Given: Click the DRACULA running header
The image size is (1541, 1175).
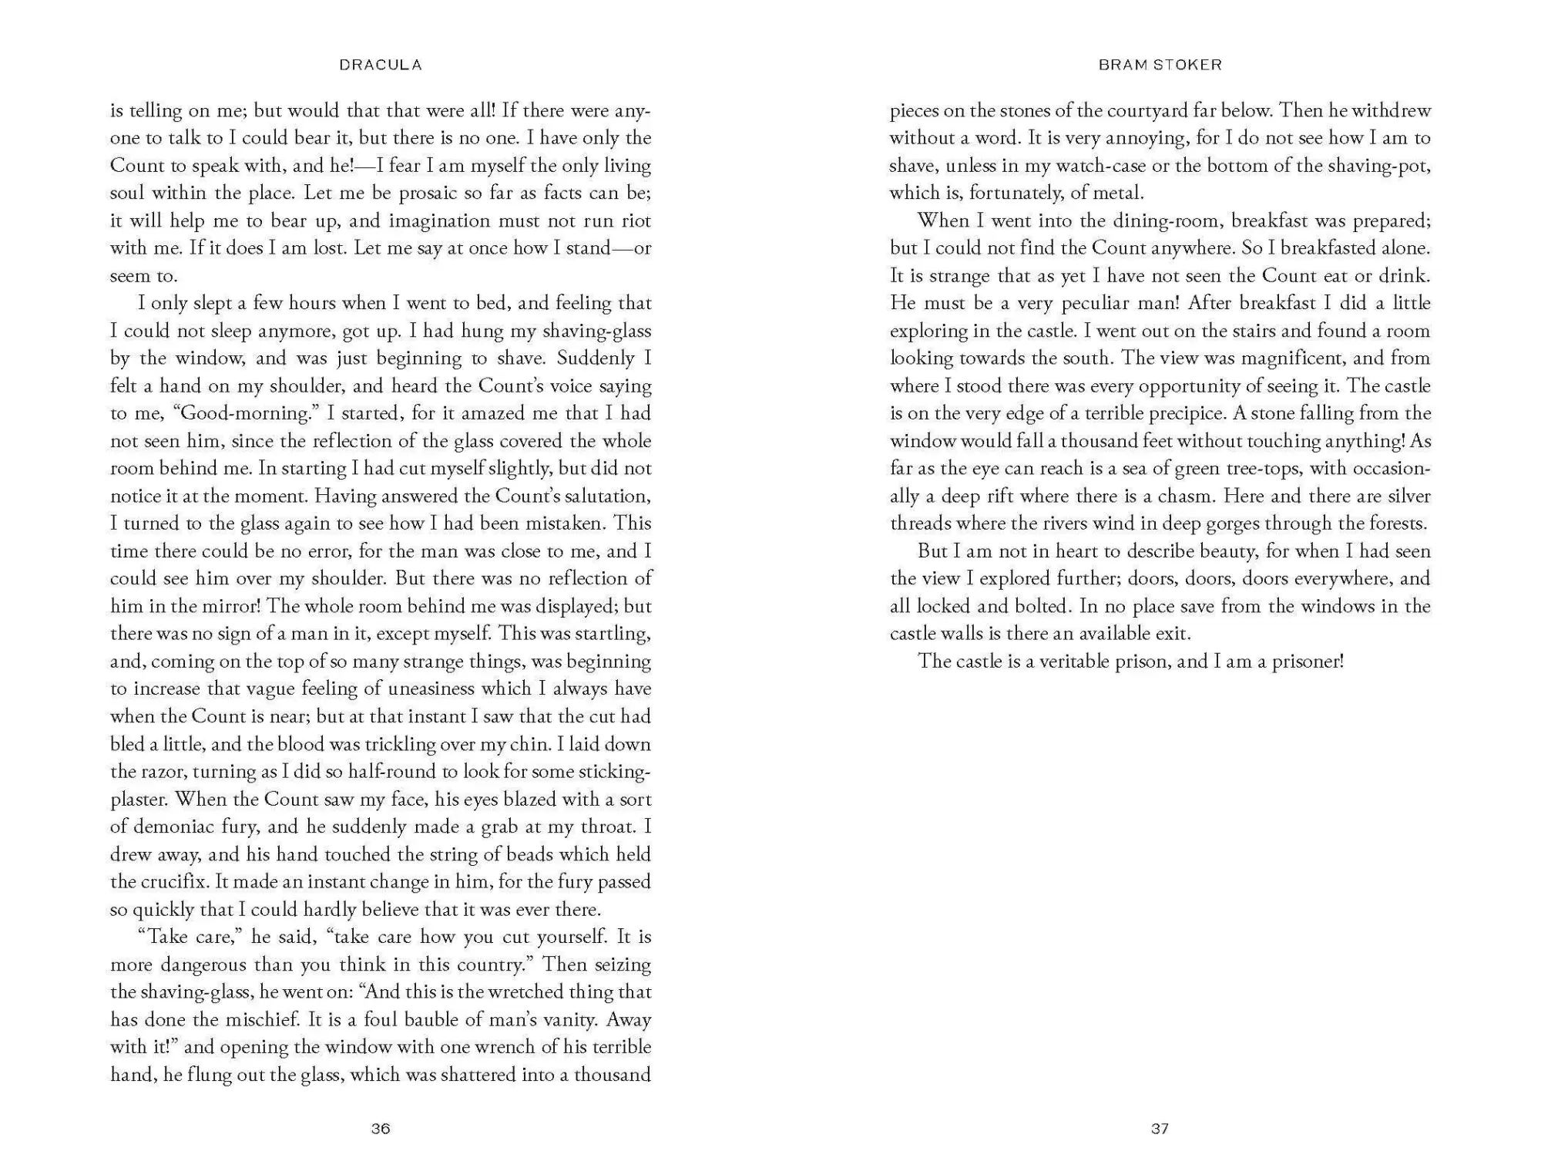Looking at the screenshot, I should pyautogui.click(x=381, y=66).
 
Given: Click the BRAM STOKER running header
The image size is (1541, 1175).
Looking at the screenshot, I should pyautogui.click(x=1160, y=66).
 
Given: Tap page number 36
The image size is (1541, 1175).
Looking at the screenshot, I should pyautogui.click(x=381, y=1129).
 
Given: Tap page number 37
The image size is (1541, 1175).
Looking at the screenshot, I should pyautogui.click(x=1160, y=1129).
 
